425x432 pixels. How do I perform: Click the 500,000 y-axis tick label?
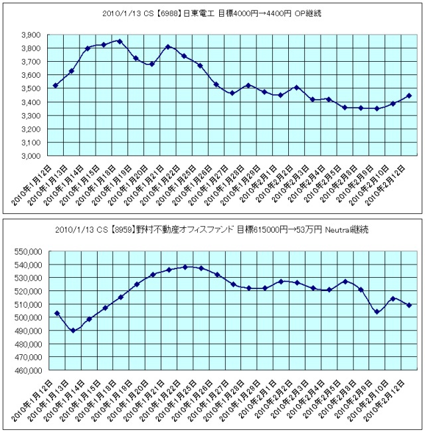point(26,318)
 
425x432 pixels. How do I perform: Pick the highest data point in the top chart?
point(120,41)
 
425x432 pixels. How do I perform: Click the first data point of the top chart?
point(55,85)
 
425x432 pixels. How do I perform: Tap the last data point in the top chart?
point(409,96)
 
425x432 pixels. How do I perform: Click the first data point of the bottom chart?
point(57,313)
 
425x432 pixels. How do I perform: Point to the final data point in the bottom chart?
point(409,305)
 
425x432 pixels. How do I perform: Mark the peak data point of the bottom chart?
point(185,267)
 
